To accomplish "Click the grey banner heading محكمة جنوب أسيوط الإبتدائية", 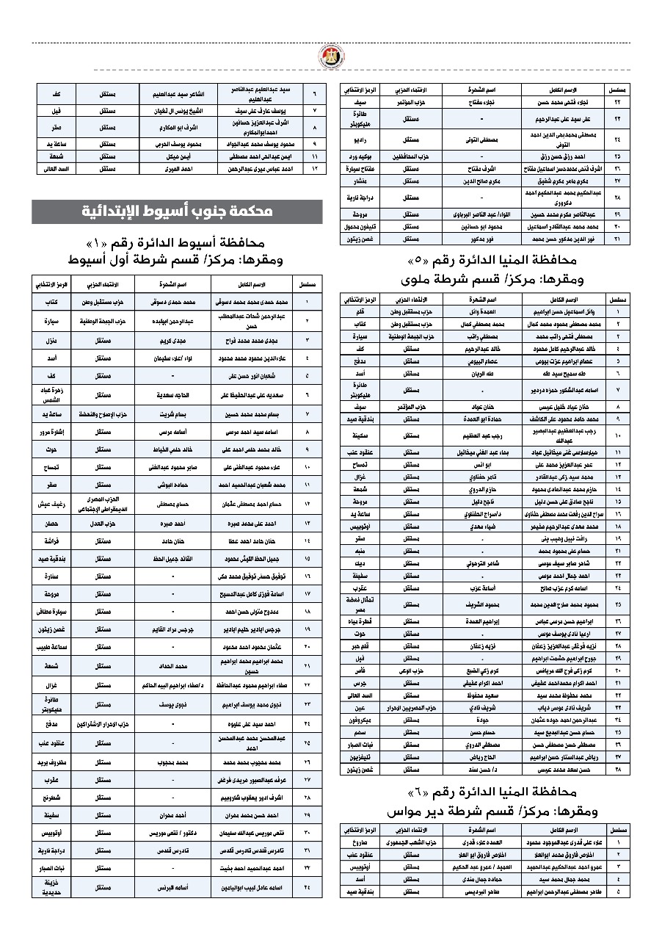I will click(177, 211).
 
